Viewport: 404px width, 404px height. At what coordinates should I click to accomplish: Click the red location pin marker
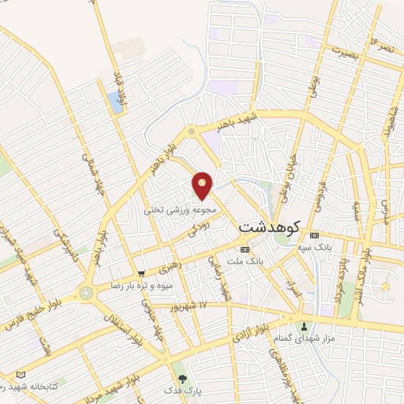pyautogui.click(x=203, y=185)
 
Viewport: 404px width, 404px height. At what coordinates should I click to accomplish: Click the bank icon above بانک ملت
pyautogui.click(x=244, y=249)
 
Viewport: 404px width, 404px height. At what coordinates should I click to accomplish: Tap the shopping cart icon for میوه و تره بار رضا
pyautogui.click(x=141, y=273)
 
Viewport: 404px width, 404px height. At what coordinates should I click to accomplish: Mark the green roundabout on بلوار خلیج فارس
pyautogui.click(x=86, y=294)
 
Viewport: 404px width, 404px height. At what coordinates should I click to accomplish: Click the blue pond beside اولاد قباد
pyautogui.click(x=117, y=102)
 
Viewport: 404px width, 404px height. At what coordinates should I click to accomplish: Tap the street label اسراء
pyautogui.click(x=294, y=294)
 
